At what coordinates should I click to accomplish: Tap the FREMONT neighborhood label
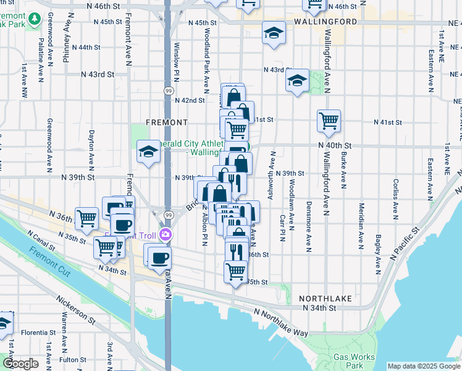[167, 122]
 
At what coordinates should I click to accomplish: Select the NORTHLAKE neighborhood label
[325, 298]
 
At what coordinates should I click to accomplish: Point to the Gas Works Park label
[353, 360]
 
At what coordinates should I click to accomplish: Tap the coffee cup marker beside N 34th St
[160, 257]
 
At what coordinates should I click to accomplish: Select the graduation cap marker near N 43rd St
[297, 80]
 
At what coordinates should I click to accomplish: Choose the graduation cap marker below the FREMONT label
[148, 151]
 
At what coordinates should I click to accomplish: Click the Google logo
[20, 364]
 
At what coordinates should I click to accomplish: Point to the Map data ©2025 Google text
[423, 366]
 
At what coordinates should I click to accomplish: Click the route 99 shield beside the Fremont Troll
[168, 214]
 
